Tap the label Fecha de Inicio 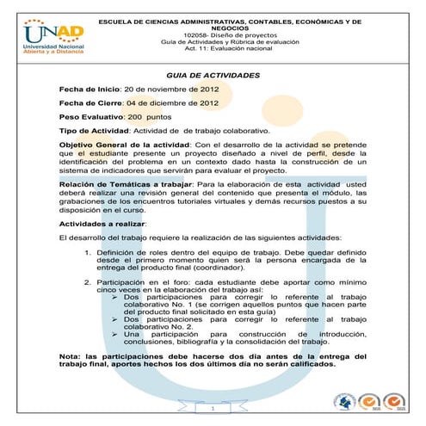click(90, 90)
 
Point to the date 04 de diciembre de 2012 click(171, 102)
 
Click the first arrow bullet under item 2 click(116, 297)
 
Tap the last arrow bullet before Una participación click(116, 332)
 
